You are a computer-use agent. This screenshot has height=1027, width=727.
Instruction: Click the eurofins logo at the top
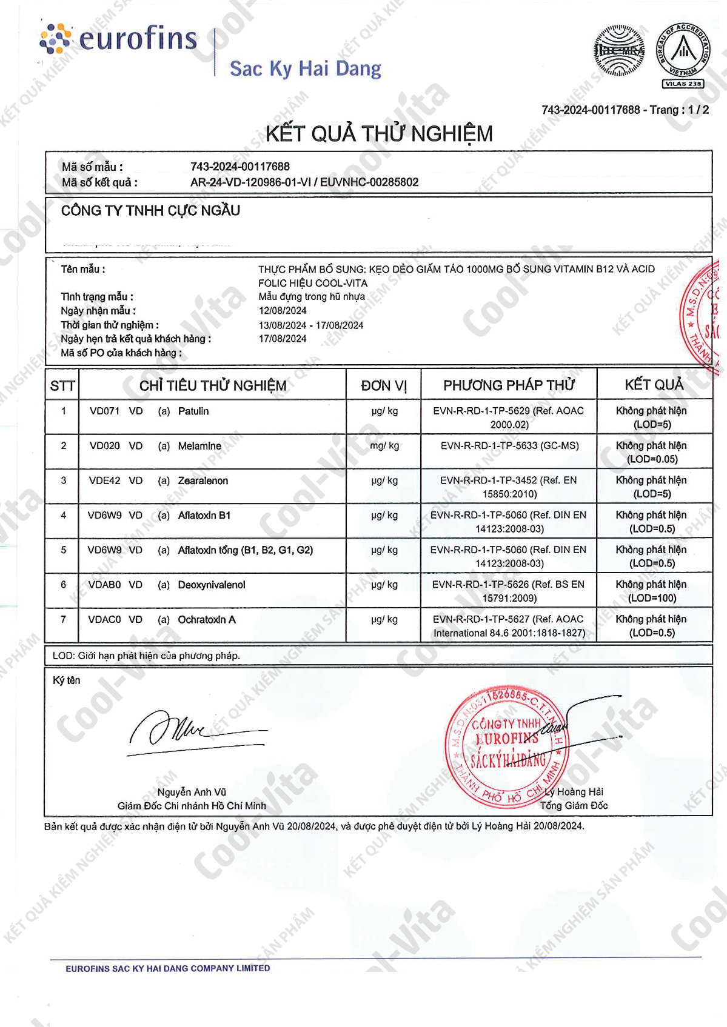point(119,39)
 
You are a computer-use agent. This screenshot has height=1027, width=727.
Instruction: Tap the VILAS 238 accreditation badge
point(683,84)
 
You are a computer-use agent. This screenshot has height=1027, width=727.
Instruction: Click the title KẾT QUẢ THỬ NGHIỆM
point(379,133)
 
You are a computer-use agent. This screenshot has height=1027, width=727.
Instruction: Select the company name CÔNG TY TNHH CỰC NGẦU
point(150,211)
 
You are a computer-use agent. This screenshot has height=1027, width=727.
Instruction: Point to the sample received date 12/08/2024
point(283,311)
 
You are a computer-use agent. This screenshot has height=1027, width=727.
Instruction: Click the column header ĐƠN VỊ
point(384,385)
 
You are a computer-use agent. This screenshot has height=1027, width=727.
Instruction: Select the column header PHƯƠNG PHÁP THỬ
point(509,385)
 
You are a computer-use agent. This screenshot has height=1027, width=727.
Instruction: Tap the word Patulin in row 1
point(193,411)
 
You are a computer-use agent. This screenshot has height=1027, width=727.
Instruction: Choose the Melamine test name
point(199,446)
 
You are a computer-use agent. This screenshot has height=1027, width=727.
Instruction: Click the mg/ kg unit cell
point(384,446)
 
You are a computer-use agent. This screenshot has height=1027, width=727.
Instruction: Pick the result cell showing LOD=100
point(652,591)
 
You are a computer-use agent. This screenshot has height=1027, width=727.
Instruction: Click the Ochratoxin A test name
point(207,620)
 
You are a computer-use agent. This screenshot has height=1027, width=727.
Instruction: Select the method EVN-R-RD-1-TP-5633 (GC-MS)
point(509,446)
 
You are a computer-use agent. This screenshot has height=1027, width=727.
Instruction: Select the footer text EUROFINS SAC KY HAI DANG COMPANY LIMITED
point(168,968)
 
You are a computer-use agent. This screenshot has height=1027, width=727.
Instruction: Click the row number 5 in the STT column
point(64,550)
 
